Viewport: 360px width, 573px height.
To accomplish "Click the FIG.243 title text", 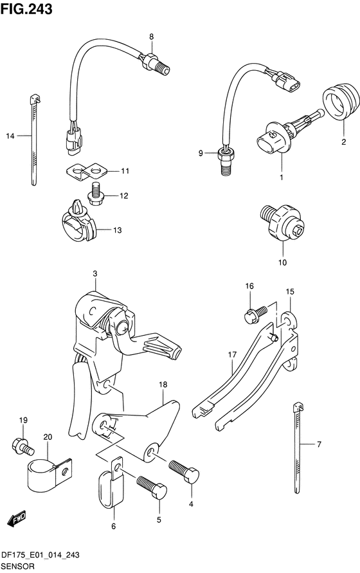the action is click(x=26, y=9).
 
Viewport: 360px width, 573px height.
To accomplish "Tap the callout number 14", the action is click(x=10, y=136).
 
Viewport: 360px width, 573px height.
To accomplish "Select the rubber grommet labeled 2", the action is click(x=341, y=102).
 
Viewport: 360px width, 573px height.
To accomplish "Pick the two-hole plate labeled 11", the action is click(x=87, y=172).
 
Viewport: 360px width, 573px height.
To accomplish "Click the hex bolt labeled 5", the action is click(x=152, y=486).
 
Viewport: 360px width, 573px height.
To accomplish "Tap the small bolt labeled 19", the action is click(x=22, y=445).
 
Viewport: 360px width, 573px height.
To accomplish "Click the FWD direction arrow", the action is click(x=17, y=519).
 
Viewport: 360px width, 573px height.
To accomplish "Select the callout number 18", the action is click(x=163, y=385).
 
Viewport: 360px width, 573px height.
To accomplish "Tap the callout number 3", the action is click(x=94, y=274).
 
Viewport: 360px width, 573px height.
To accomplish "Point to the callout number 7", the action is click(x=319, y=444).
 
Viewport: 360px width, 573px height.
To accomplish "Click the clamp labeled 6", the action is click(x=111, y=482).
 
